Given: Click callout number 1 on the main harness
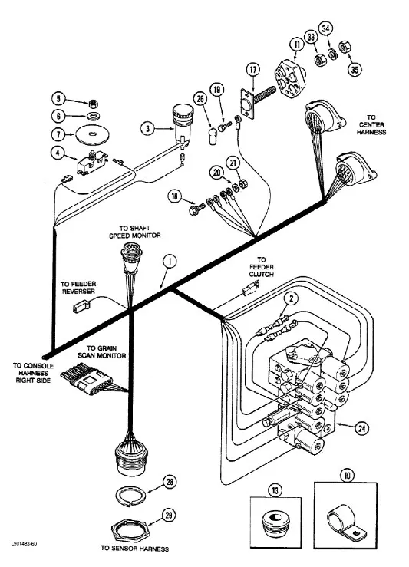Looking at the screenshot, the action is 170,262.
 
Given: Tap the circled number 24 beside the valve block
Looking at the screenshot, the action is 361,428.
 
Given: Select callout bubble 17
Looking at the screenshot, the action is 252,70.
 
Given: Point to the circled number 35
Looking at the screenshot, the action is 355,69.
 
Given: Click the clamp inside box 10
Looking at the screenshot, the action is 345,519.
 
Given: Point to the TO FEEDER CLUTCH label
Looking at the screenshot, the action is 261,267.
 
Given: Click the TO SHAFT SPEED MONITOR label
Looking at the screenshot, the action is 135,232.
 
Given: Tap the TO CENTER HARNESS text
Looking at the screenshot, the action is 371,125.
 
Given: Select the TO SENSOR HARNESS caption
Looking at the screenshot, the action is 135,548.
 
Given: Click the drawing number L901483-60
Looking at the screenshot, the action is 24,543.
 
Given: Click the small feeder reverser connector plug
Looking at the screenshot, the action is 81,307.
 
